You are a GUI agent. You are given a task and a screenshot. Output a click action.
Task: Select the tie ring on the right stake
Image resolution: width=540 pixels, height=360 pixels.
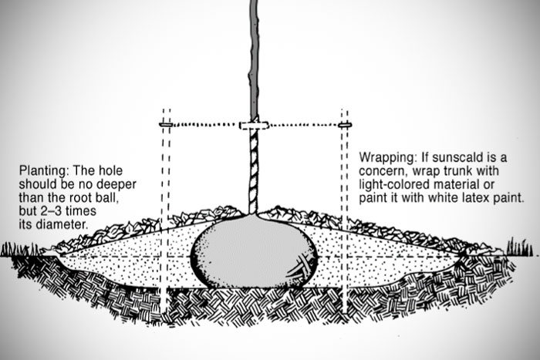[x=344, y=123]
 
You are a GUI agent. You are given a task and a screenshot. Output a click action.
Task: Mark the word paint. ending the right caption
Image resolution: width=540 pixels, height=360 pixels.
[x=508, y=197]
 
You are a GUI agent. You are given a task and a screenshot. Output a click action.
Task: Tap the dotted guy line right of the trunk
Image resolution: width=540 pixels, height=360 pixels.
[x=301, y=123]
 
